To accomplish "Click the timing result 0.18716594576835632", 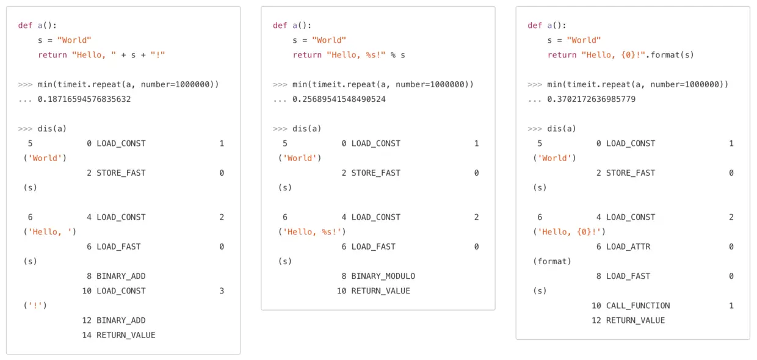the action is click(84, 99).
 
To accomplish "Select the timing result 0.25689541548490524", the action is click(339, 99).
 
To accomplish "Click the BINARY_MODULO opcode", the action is click(383, 276).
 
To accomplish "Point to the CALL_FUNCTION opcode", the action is click(638, 305).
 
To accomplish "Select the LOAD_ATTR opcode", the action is click(628, 247).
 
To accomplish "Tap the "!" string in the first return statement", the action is click(158, 55).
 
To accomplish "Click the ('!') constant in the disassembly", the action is click(35, 305).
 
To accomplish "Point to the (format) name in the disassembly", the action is click(552, 261).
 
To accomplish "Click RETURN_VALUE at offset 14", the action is click(126, 335).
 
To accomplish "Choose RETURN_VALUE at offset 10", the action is click(381, 291).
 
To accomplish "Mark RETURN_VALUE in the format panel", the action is click(636, 320).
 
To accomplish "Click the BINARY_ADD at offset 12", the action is click(121, 320).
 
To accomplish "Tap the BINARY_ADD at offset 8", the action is click(121, 276).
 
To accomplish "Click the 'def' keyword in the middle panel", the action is click(280, 26).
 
